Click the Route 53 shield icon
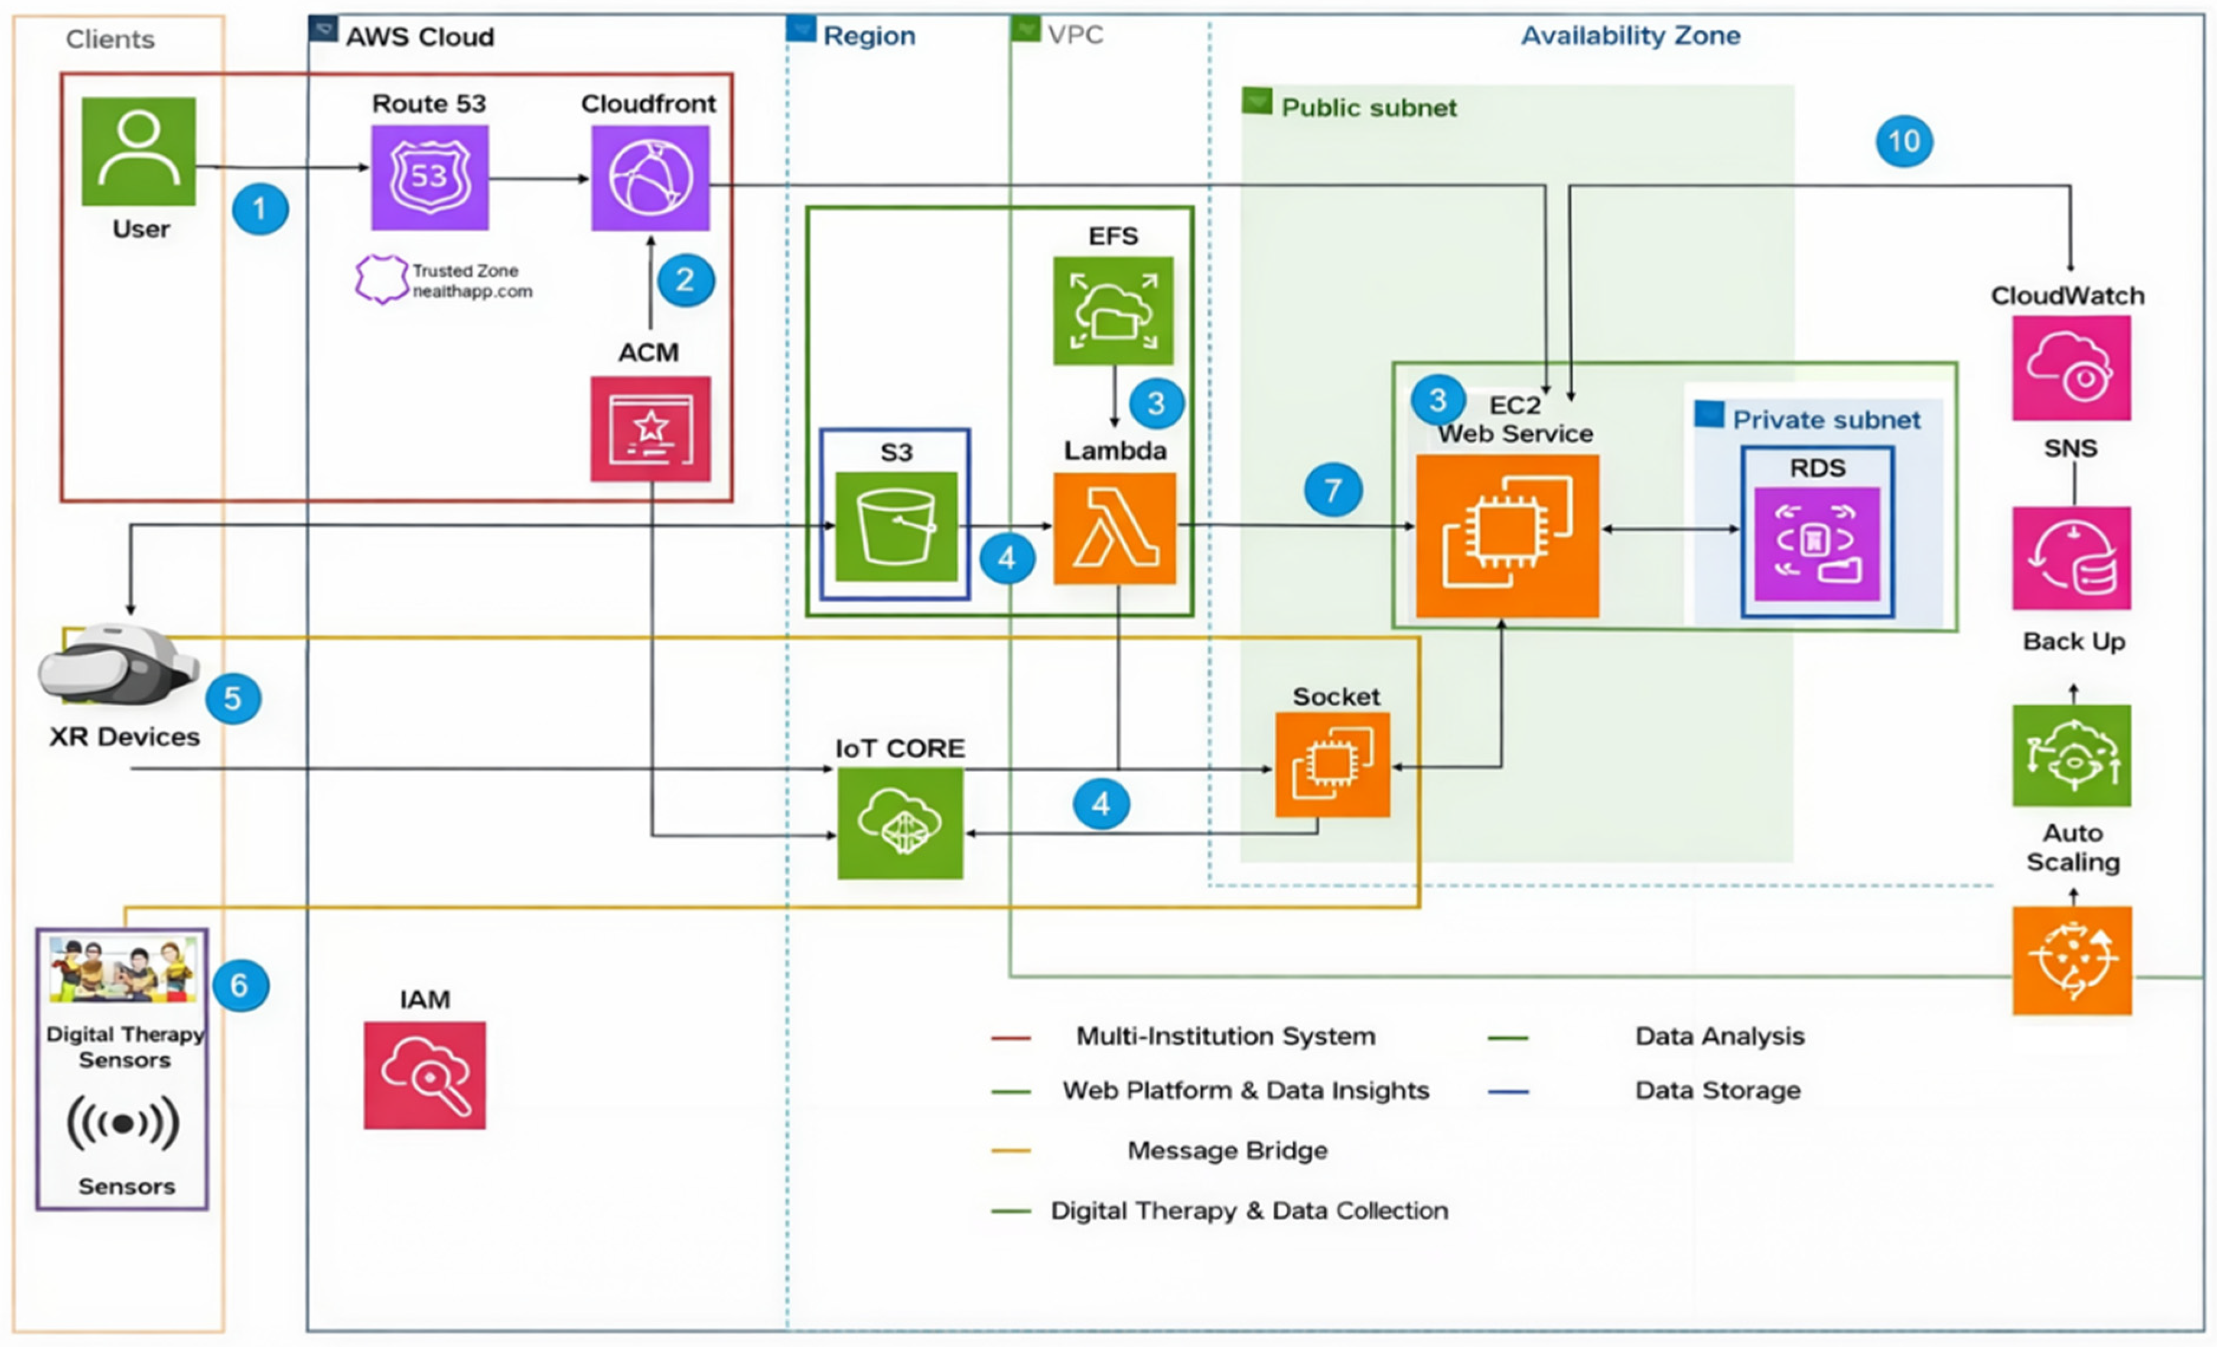430,177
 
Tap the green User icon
139,151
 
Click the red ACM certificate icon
650,428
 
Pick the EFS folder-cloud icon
1113,310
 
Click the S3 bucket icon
896,526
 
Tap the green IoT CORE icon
900,822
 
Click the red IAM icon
425,1075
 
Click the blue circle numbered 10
1904,141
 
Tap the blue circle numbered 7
1333,490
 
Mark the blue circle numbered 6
240,985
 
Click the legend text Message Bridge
1228,1150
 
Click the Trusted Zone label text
465,271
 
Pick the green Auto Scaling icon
2071,756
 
